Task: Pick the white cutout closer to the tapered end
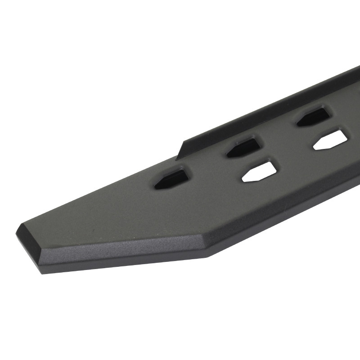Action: click(x=259, y=171)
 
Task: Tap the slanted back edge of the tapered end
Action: click(x=90, y=193)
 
